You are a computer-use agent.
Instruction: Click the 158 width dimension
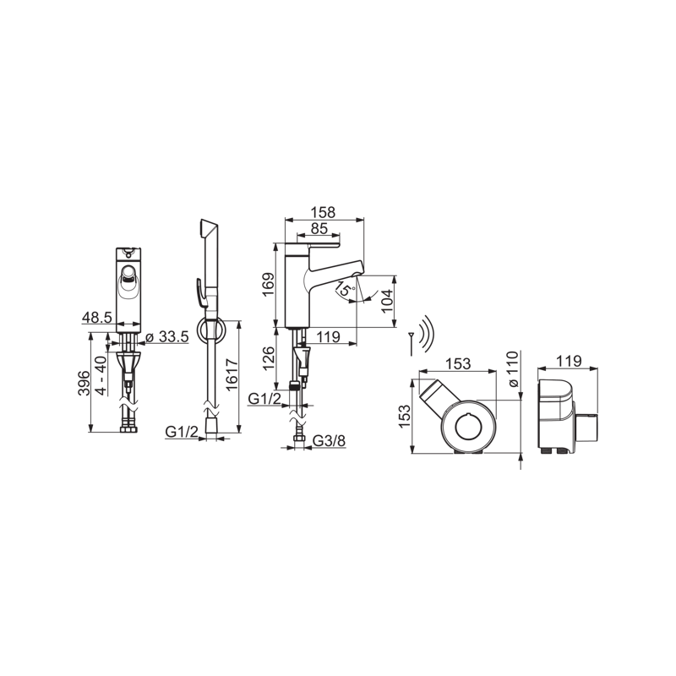point(324,212)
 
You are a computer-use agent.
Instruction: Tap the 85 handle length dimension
point(319,228)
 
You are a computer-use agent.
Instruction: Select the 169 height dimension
point(268,285)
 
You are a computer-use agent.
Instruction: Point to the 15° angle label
point(345,288)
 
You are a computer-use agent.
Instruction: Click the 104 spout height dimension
point(388,301)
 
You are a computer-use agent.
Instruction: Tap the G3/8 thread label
point(329,440)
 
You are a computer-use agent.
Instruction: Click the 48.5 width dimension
point(97,318)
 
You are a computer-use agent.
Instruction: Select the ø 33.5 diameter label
point(167,336)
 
